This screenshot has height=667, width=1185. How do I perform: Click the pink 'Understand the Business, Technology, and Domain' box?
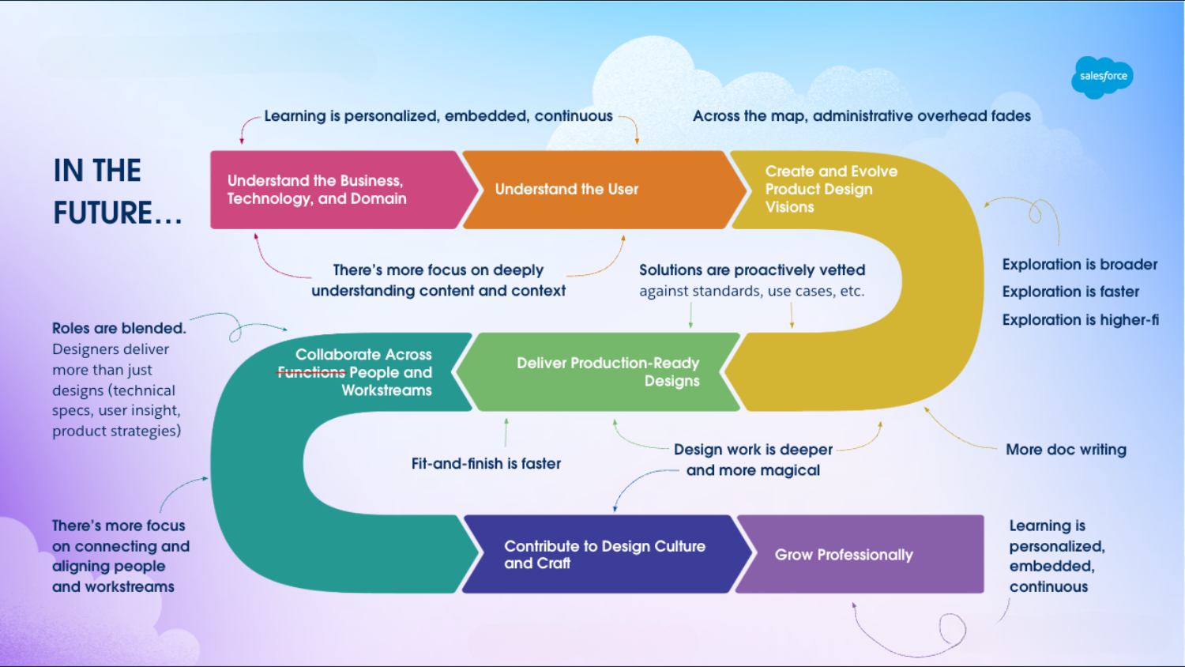click(x=332, y=190)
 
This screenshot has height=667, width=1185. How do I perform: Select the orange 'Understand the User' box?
click(x=585, y=190)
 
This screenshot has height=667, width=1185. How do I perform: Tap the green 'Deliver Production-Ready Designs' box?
click(x=600, y=371)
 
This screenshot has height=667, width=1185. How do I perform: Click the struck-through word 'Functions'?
click(x=310, y=372)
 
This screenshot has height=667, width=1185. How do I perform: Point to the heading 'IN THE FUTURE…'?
click(x=117, y=191)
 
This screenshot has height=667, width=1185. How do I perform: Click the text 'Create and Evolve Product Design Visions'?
click(x=830, y=189)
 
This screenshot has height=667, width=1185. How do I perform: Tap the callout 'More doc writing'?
click(x=1066, y=450)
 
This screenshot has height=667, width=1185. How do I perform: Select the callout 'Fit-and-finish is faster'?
click(x=486, y=464)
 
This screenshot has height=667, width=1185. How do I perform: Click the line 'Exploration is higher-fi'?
click(x=1080, y=320)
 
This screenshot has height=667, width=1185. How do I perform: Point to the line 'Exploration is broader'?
click(x=1079, y=265)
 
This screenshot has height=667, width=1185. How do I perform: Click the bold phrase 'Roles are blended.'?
click(x=118, y=328)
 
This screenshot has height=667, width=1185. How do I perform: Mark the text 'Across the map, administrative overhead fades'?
click(x=861, y=116)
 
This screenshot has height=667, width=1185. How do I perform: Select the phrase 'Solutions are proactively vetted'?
click(x=751, y=270)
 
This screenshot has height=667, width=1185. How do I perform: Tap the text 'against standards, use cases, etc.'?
click(x=751, y=291)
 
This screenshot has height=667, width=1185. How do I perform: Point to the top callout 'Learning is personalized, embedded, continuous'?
click(x=438, y=116)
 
